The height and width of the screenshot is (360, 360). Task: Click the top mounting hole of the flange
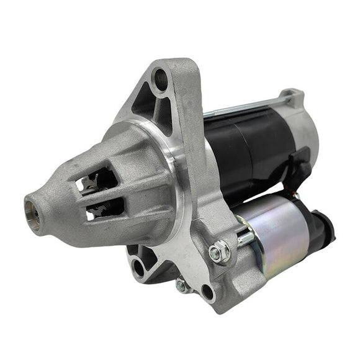[161, 78]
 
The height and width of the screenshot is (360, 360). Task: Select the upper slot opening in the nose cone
[99, 180]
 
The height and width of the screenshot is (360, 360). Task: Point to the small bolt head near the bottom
[181, 285]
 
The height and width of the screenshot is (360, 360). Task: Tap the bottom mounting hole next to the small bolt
[206, 292]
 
